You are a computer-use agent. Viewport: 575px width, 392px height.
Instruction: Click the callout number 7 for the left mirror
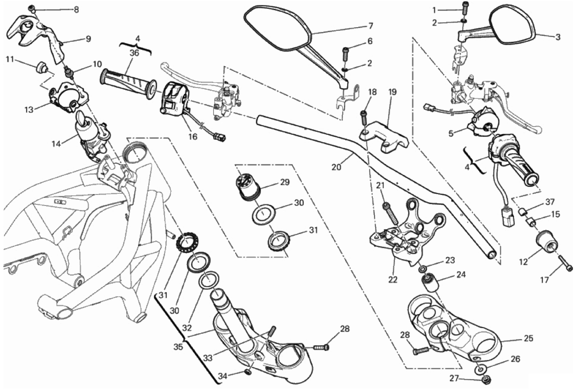click(x=370, y=26)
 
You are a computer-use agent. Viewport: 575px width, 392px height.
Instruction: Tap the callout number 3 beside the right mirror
click(x=558, y=37)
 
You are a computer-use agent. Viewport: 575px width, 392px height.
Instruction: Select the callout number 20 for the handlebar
click(x=336, y=167)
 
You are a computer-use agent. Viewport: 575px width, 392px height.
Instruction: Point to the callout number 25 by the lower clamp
click(x=528, y=338)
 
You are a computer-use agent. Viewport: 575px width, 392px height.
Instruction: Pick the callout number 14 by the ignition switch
click(x=56, y=143)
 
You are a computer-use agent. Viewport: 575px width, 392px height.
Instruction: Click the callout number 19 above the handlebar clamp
click(x=392, y=92)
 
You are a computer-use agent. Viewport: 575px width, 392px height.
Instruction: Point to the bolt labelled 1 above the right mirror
click(x=465, y=6)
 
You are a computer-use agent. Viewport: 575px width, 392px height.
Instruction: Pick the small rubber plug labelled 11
click(x=41, y=67)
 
